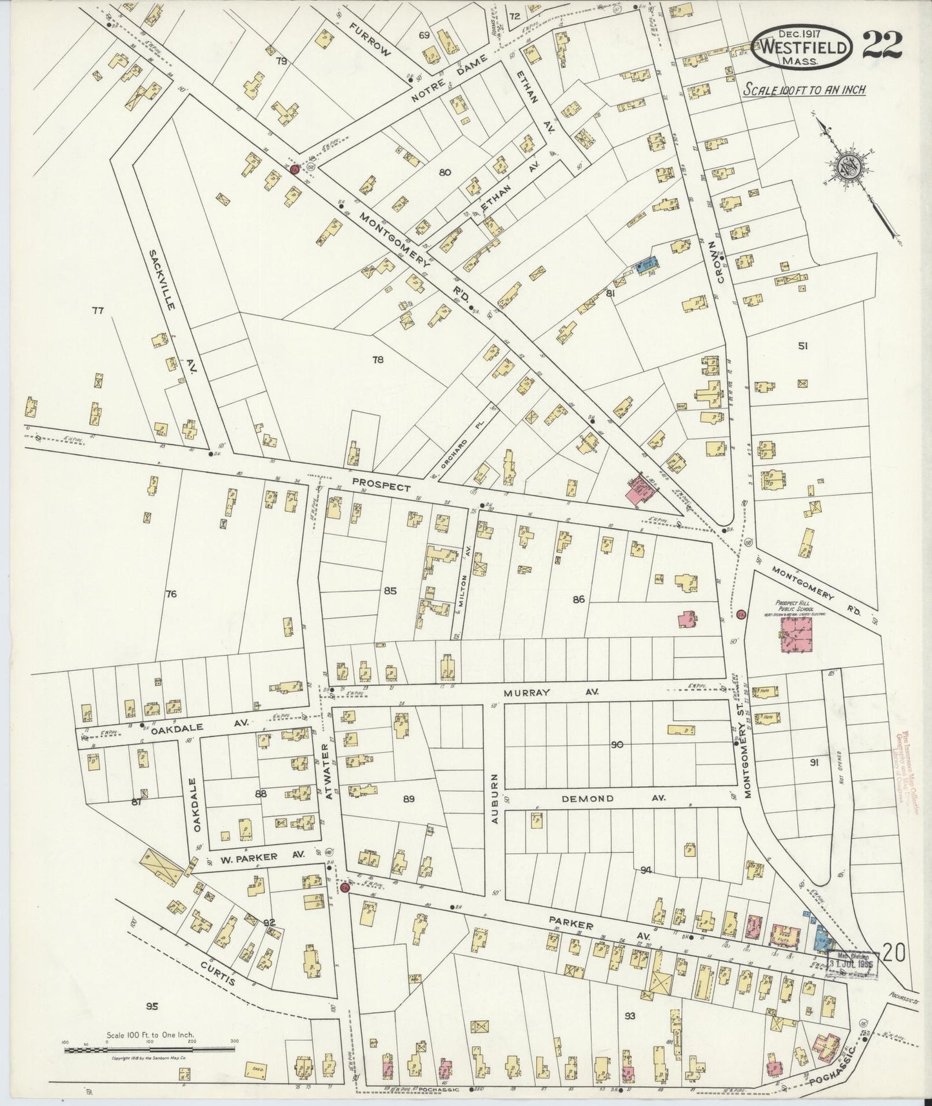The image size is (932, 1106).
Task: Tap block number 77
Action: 97,311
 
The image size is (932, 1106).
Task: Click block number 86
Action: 578,599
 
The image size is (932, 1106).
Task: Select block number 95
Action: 152,1005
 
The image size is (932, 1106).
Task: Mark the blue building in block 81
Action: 647,265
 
